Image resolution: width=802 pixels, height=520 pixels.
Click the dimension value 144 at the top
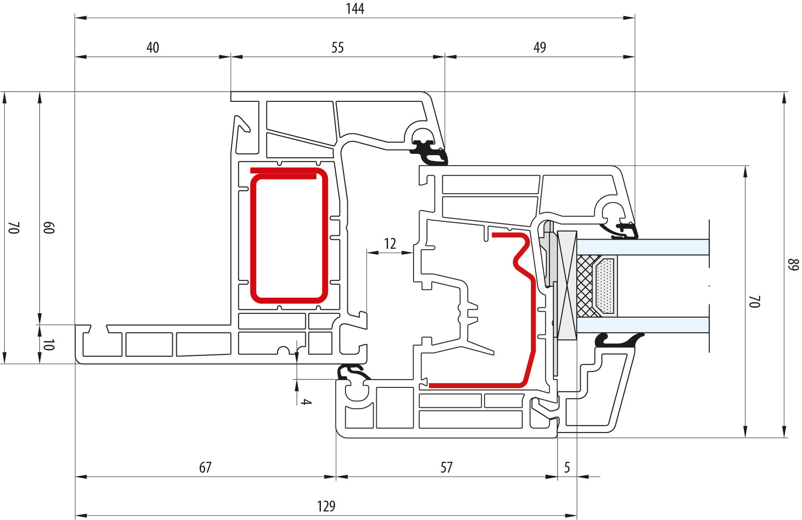click(355, 9)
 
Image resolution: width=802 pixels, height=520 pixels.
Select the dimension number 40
click(152, 47)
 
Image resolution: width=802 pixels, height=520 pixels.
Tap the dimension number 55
click(337, 47)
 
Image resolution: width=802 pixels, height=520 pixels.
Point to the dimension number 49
click(539, 47)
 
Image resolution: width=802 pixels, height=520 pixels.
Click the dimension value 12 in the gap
click(390, 244)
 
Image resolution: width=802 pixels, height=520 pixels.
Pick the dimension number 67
click(205, 468)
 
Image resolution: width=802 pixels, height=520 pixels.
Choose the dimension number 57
click(446, 468)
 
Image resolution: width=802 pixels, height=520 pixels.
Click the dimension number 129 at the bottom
click(326, 506)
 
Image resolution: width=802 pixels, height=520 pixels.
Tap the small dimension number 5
click(567, 468)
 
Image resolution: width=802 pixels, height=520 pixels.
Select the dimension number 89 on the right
click(794, 265)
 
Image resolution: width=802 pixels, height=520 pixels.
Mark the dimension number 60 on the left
click(49, 228)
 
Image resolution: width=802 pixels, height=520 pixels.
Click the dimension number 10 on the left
click(49, 345)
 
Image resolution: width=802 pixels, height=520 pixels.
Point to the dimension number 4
click(306, 402)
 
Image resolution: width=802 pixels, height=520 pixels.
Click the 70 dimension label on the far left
click(14, 228)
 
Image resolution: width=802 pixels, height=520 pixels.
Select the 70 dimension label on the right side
click(755, 302)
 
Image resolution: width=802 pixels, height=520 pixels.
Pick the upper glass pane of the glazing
click(642, 247)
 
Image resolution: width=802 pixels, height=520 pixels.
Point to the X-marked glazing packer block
click(567, 286)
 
